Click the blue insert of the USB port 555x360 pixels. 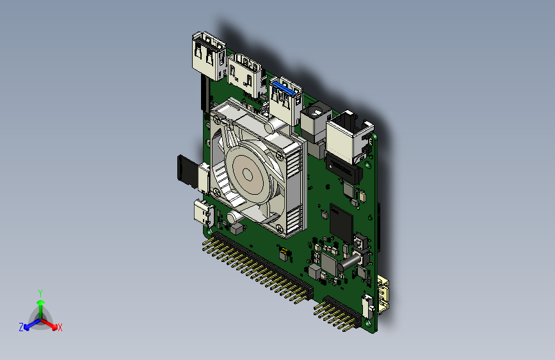coord(283,88)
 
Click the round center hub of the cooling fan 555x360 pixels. coord(248,175)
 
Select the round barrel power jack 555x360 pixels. coord(316,121)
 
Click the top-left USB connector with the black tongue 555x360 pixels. coord(209,56)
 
